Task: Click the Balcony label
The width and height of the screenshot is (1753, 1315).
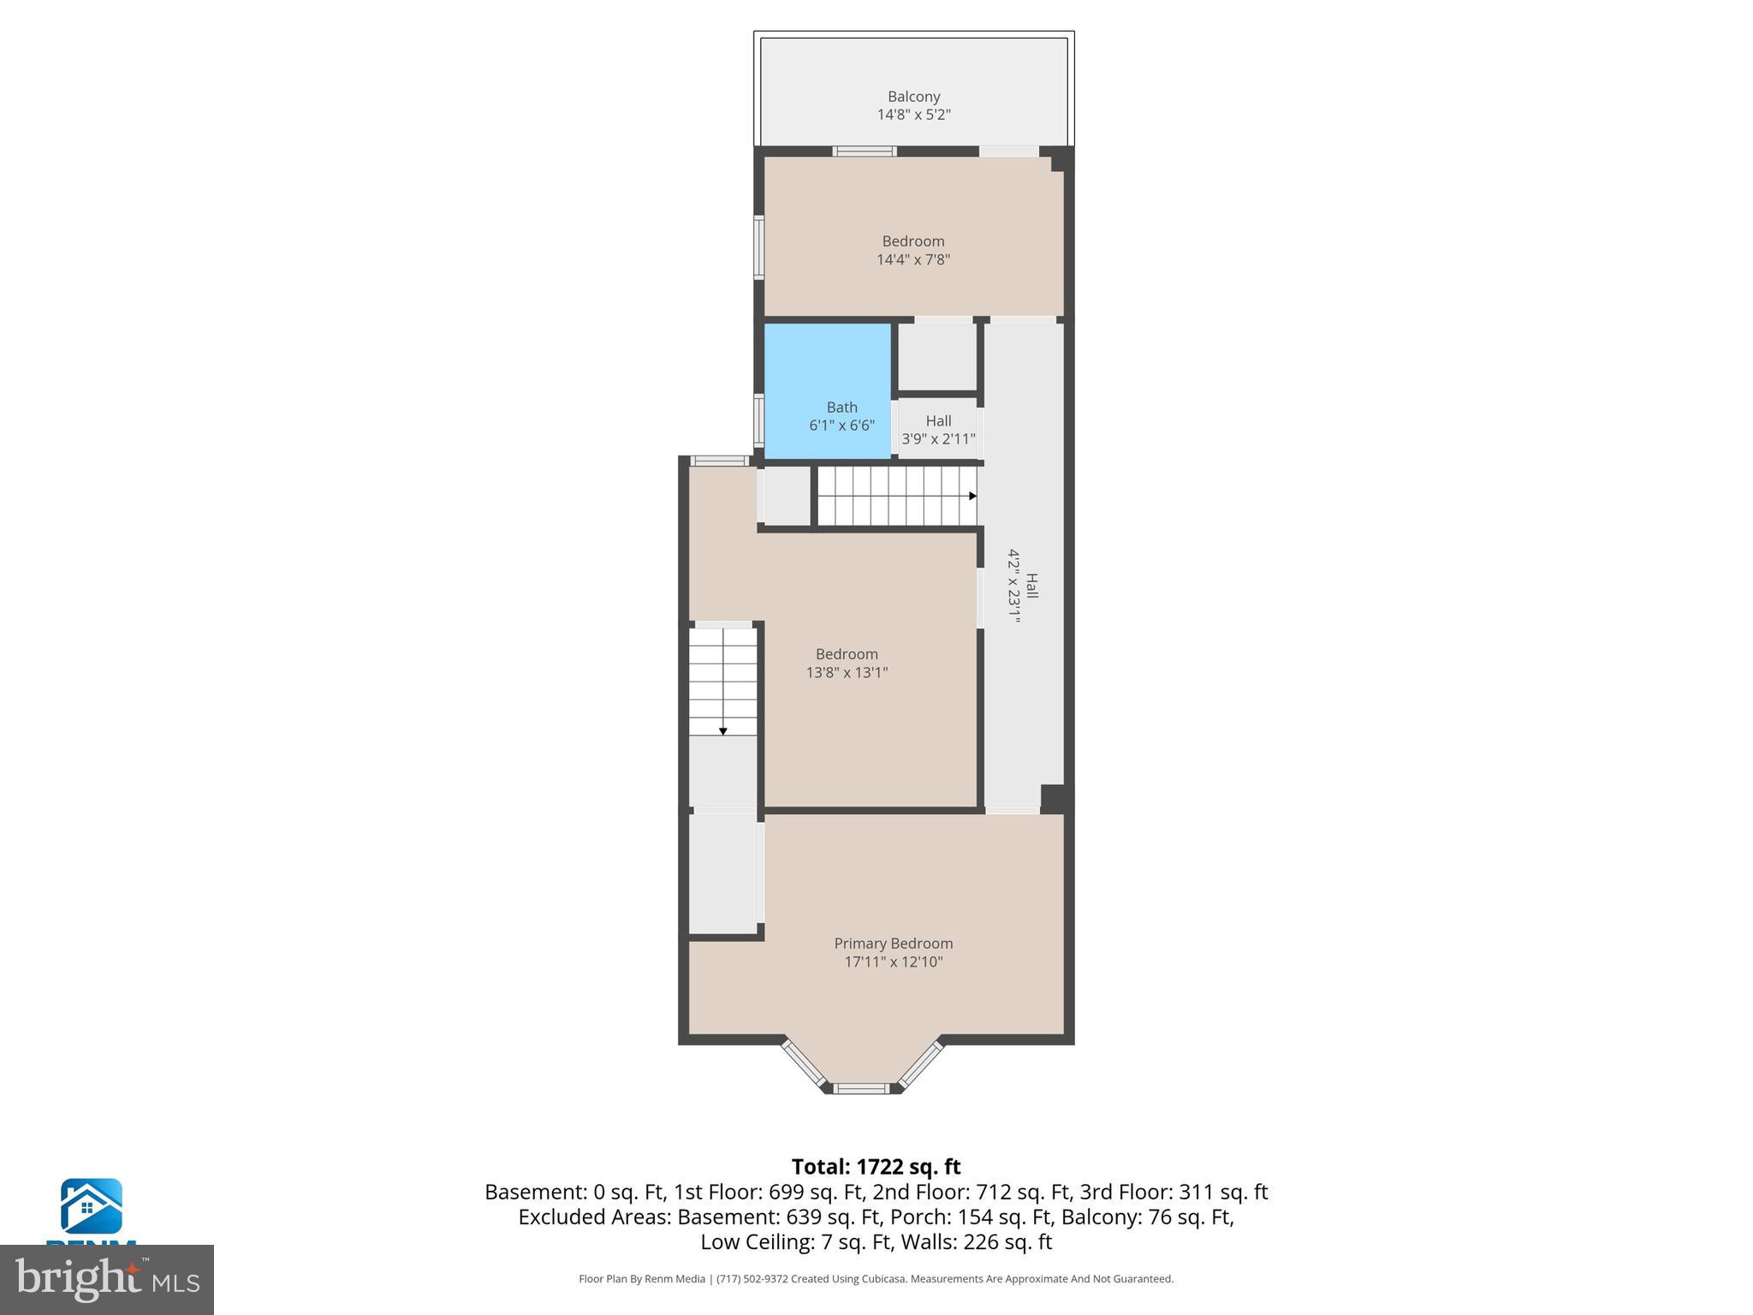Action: pos(913,97)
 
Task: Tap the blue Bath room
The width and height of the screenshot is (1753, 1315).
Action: pos(827,377)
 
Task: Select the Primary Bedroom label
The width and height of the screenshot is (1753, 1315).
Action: pos(893,943)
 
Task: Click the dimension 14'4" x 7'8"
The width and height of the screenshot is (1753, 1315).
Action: pos(913,259)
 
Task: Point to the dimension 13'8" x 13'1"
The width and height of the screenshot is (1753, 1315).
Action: pos(847,673)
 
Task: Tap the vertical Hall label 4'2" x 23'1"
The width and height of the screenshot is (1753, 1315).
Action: pos(1023,586)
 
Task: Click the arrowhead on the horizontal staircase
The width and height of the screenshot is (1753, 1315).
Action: pos(972,496)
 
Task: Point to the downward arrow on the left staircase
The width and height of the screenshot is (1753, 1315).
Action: pos(723,731)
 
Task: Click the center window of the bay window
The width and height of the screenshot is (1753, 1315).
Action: pos(862,1088)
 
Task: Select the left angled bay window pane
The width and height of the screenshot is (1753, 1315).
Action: pos(804,1062)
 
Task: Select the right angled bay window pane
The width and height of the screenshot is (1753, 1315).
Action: pos(920,1062)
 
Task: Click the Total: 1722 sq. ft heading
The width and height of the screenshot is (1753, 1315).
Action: pos(876,1167)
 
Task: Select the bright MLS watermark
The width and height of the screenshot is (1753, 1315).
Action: pos(107,1279)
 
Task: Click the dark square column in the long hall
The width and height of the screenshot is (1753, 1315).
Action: pos(1053,798)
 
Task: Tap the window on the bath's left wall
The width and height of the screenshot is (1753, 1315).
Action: pos(758,419)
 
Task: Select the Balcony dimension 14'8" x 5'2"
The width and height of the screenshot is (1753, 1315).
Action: pos(913,115)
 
